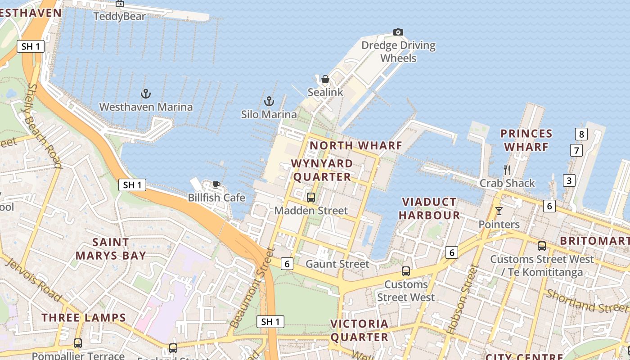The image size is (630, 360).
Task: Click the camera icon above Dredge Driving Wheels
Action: click(398, 32)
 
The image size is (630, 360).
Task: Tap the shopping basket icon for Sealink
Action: click(325, 79)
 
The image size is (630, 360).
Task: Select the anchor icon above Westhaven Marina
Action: click(145, 94)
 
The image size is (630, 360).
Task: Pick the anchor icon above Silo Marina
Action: click(269, 101)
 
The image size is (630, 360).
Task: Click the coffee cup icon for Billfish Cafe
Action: click(216, 184)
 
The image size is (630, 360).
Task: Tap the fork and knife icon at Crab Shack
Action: click(507, 170)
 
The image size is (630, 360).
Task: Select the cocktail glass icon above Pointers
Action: click(499, 211)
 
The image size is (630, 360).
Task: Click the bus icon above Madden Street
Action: click(310, 197)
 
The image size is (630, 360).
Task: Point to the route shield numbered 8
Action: click(581, 134)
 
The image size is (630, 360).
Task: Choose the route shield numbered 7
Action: click(576, 150)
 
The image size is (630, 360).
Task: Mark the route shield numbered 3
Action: click(569, 180)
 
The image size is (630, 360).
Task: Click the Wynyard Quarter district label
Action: click(322, 170)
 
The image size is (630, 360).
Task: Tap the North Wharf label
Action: click(355, 145)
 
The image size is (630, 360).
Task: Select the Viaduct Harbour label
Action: click(429, 208)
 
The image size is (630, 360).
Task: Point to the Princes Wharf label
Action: click(526, 140)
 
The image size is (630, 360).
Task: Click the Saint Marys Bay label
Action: click(110, 249)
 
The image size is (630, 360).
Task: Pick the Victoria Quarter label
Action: click(359, 330)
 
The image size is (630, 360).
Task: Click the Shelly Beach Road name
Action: click(44, 126)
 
